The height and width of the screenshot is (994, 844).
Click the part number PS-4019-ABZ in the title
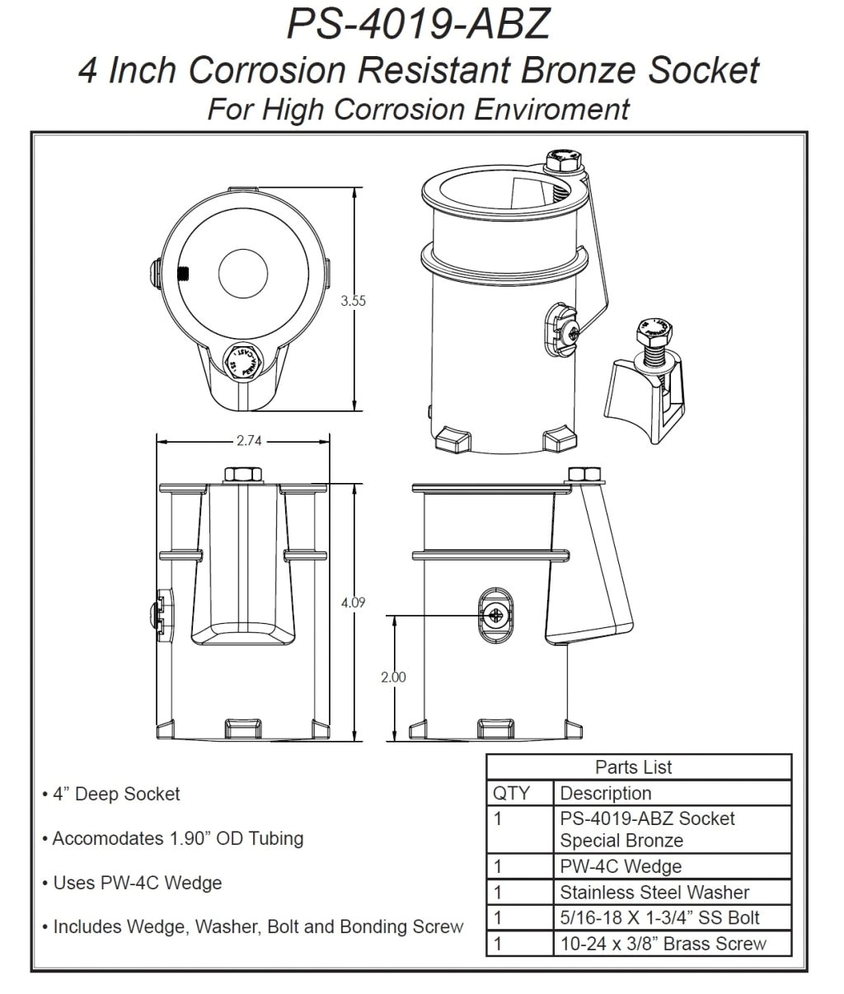418,24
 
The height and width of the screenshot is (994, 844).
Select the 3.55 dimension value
354,301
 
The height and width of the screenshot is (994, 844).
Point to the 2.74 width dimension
248,441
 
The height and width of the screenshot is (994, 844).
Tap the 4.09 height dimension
353,602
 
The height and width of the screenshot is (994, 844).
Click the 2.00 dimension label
393,678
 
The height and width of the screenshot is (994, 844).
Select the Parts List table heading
633,767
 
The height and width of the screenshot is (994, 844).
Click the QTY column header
511,793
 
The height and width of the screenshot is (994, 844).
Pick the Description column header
606,793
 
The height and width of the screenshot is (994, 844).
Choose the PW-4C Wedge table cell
621,866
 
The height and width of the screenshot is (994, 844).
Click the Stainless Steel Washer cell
654,892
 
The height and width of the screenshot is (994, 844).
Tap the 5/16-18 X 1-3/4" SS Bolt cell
659,917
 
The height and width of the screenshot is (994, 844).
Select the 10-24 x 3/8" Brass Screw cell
663,944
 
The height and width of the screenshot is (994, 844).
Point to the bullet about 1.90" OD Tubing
177,838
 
